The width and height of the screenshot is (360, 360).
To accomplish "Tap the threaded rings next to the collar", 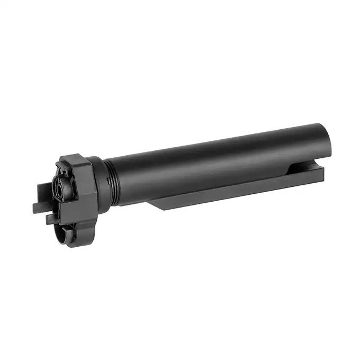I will [x=111, y=180].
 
